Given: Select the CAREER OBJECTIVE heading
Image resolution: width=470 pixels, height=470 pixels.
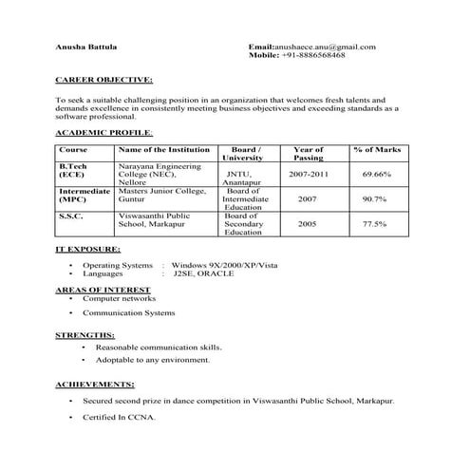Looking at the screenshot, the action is point(104,81).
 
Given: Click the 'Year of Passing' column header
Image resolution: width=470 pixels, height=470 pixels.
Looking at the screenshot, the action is point(309,154).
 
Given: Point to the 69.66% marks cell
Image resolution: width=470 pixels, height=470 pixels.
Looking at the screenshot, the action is point(377,175).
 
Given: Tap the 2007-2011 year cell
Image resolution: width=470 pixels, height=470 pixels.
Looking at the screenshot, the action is point(309,175).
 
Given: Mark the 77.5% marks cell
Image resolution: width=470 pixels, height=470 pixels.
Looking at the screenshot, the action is point(375,224).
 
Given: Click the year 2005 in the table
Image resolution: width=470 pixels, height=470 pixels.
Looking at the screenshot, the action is point(308,224).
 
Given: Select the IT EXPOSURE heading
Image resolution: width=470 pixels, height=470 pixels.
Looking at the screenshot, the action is point(88,249).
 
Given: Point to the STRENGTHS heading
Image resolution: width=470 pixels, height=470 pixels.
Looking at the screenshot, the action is point(85,336).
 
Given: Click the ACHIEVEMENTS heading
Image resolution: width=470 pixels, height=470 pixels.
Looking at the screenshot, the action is point(95,385).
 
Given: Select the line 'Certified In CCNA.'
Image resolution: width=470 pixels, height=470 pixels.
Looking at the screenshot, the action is point(119,418).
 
